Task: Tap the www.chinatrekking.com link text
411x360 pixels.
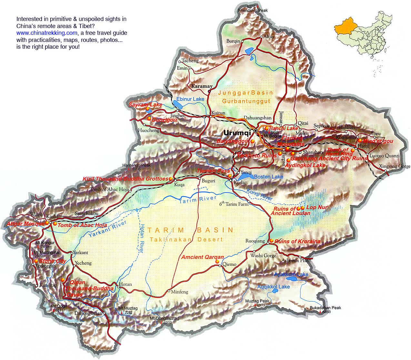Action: (47, 33)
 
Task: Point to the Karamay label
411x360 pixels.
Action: (202, 86)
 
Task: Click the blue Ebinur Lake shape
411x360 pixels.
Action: (178, 105)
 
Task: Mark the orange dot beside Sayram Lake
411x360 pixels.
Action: (147, 109)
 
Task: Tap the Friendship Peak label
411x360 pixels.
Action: (253, 11)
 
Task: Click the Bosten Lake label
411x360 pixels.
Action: (268, 176)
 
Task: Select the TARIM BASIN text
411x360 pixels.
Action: (190, 230)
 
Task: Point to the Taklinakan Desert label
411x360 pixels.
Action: (186, 239)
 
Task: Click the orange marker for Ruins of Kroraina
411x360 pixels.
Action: (272, 241)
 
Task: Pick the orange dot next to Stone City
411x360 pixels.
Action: (36, 261)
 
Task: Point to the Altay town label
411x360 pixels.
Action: (269, 37)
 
